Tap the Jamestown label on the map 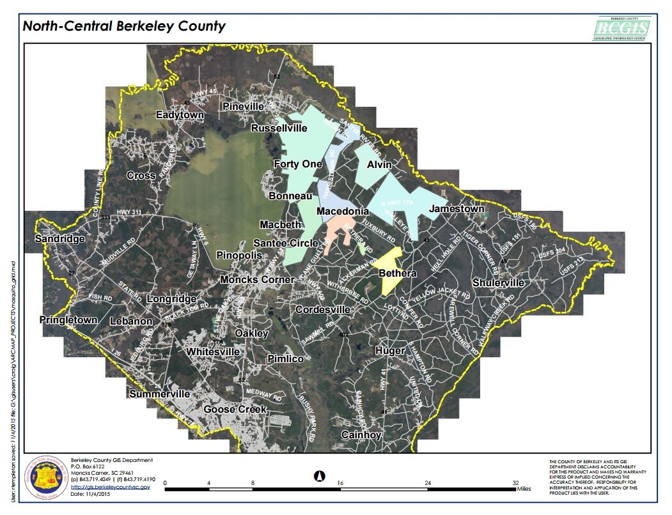457,209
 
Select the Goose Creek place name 235,409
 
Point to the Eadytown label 180,115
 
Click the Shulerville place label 498,283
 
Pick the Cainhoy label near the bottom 361,435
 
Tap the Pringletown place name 68,319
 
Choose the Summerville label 159,394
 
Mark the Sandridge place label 59,239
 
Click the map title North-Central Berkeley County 124,27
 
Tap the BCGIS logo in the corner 621,28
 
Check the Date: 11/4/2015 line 87,494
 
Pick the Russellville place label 279,128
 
